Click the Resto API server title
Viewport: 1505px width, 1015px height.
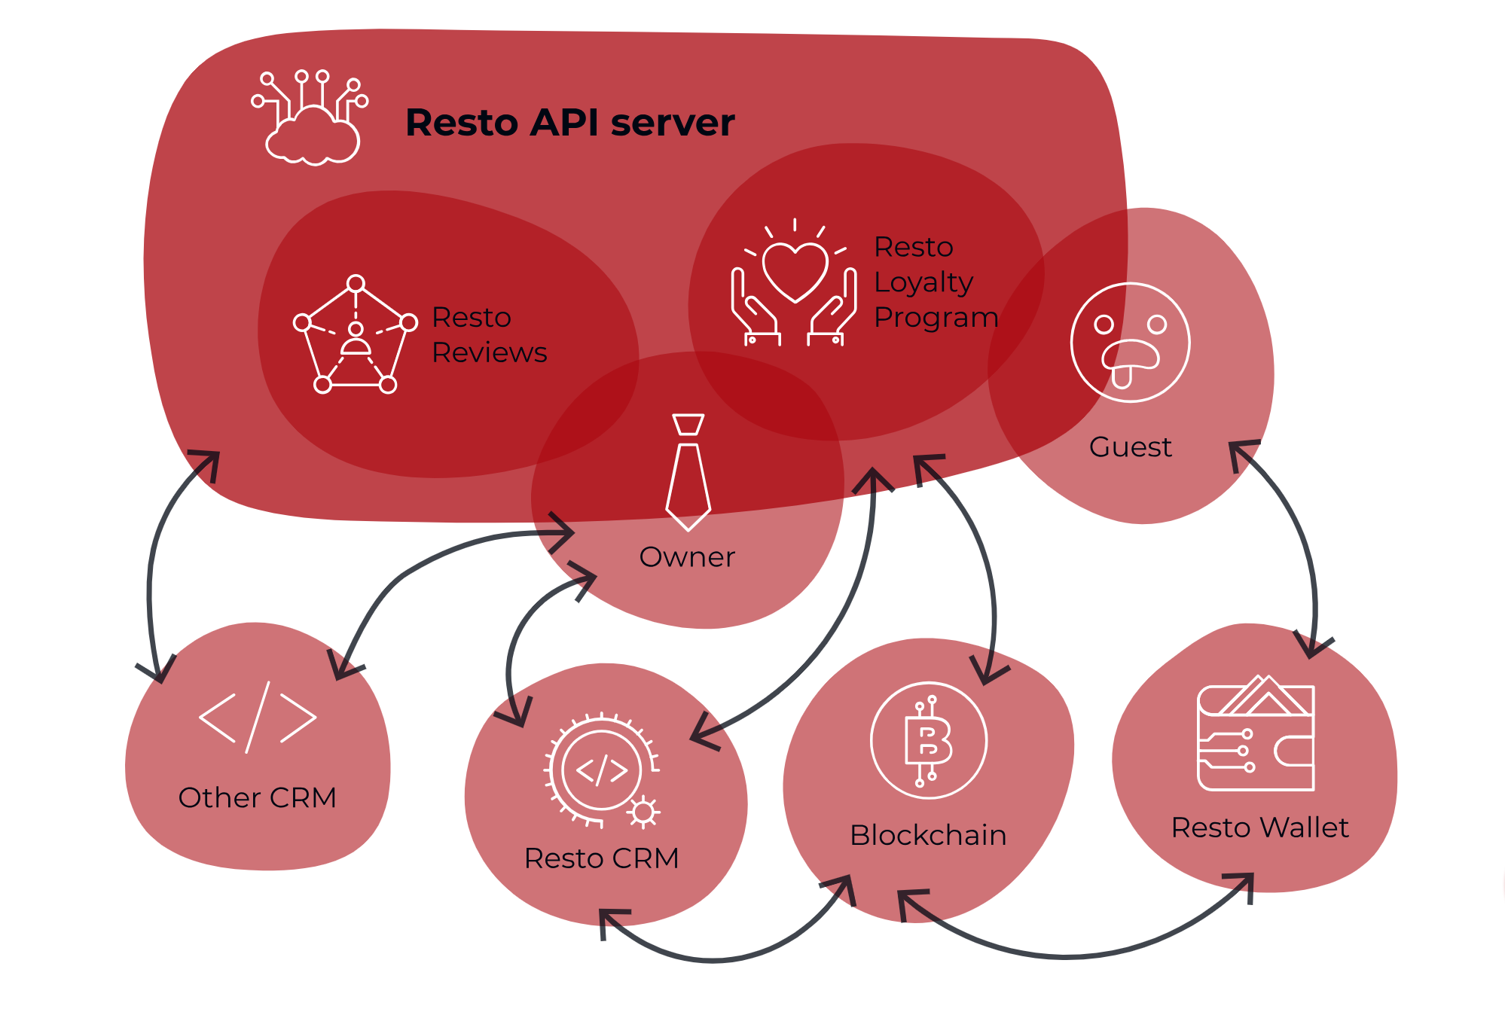tap(569, 123)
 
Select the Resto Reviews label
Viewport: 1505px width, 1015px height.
tap(489, 335)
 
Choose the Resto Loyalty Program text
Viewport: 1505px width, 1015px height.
tap(935, 282)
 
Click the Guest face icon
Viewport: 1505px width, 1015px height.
tap(1130, 343)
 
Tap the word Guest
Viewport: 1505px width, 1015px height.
tap(1130, 447)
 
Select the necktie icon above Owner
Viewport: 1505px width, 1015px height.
tap(688, 471)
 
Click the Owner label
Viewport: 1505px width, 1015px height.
tap(687, 557)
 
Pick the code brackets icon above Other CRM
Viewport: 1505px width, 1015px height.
tap(257, 718)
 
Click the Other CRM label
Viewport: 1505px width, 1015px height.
tap(257, 798)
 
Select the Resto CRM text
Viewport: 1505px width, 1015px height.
tap(601, 858)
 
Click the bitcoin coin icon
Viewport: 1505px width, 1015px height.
tap(928, 741)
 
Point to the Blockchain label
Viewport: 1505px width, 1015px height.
tap(928, 836)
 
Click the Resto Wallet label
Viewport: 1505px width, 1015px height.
tap(1259, 828)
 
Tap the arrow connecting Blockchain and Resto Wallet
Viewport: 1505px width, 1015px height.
tap(1070, 956)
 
